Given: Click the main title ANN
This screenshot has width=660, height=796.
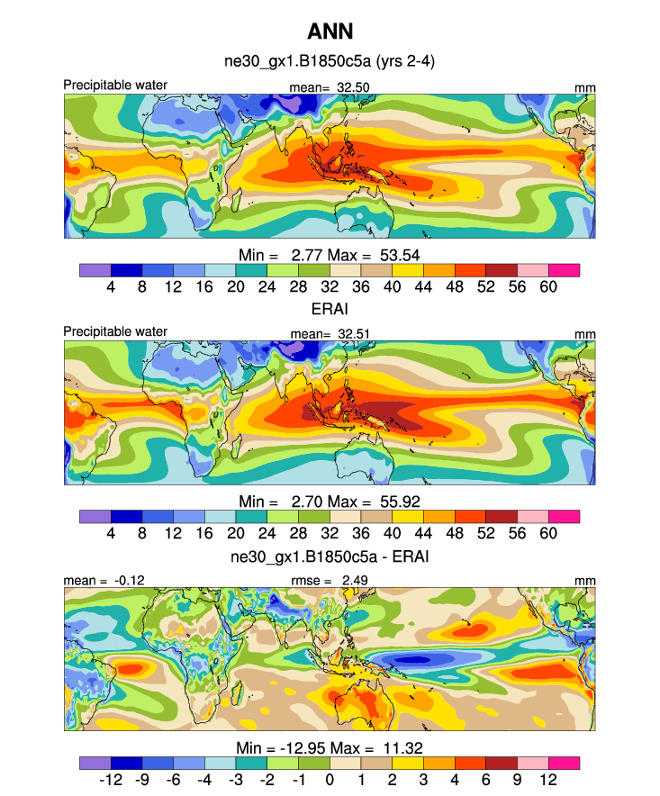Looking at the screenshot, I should coord(330,32).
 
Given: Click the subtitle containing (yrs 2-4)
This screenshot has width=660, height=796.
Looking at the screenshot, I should coord(330,62).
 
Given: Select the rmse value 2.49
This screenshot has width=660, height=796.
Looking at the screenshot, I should coord(356,581).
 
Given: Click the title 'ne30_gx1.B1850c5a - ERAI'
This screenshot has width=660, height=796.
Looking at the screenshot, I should coord(330,557).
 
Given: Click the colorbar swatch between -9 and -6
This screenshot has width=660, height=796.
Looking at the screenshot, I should coord(158,764).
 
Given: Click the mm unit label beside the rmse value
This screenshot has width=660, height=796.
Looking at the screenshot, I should coord(586,581).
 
